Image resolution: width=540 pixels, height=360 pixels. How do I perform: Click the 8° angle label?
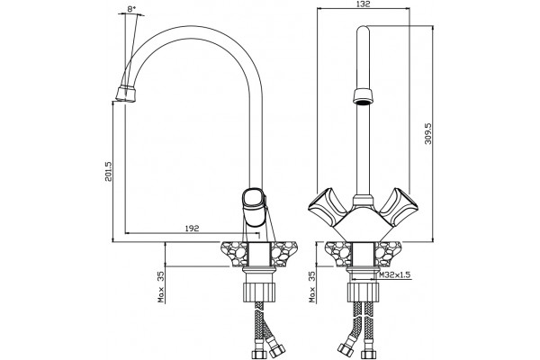130,9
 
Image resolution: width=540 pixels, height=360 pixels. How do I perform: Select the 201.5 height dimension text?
109,172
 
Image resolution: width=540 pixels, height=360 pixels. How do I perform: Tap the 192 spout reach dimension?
193,229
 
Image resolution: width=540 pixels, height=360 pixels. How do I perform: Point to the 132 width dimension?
363,4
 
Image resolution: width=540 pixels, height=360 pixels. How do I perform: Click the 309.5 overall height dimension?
428,134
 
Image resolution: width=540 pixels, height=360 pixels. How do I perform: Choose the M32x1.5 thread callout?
395,275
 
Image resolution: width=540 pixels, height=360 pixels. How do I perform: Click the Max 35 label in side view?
161,286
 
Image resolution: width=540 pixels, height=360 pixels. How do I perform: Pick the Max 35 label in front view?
312,286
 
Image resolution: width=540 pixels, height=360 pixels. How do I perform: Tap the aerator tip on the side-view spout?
126,94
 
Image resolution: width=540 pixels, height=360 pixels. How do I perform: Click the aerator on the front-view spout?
363,96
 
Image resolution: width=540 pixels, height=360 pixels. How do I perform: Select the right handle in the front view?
400,206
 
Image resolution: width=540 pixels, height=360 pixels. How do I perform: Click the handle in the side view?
254,207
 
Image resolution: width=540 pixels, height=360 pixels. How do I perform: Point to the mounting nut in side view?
259,292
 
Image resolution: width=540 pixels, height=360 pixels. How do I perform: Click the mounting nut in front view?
364,292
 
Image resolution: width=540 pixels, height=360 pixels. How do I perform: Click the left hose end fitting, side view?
258,354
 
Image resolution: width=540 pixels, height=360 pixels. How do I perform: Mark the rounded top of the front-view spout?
363,31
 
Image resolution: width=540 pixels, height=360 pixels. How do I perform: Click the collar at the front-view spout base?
363,201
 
